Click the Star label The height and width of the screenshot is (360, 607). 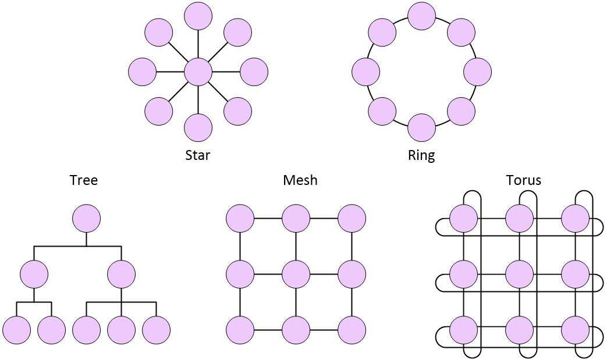[x=197, y=155]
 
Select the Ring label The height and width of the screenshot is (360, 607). [x=421, y=155]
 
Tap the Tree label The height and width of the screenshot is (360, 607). [x=84, y=180]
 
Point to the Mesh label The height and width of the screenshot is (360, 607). [x=300, y=180]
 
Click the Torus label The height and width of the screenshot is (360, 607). [x=523, y=180]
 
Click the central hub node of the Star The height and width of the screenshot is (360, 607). [x=198, y=72]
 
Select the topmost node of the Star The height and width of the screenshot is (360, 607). [x=198, y=16]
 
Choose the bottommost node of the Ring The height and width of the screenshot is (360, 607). [x=421, y=128]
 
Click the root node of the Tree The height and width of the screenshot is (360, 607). [x=86, y=219]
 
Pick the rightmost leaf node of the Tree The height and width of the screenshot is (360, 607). [x=156, y=330]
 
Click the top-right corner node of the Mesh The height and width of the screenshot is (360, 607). [x=352, y=219]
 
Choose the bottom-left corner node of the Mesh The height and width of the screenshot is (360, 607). [x=240, y=330]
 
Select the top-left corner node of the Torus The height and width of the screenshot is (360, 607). [x=464, y=219]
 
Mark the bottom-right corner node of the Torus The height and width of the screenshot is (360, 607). [x=576, y=330]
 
